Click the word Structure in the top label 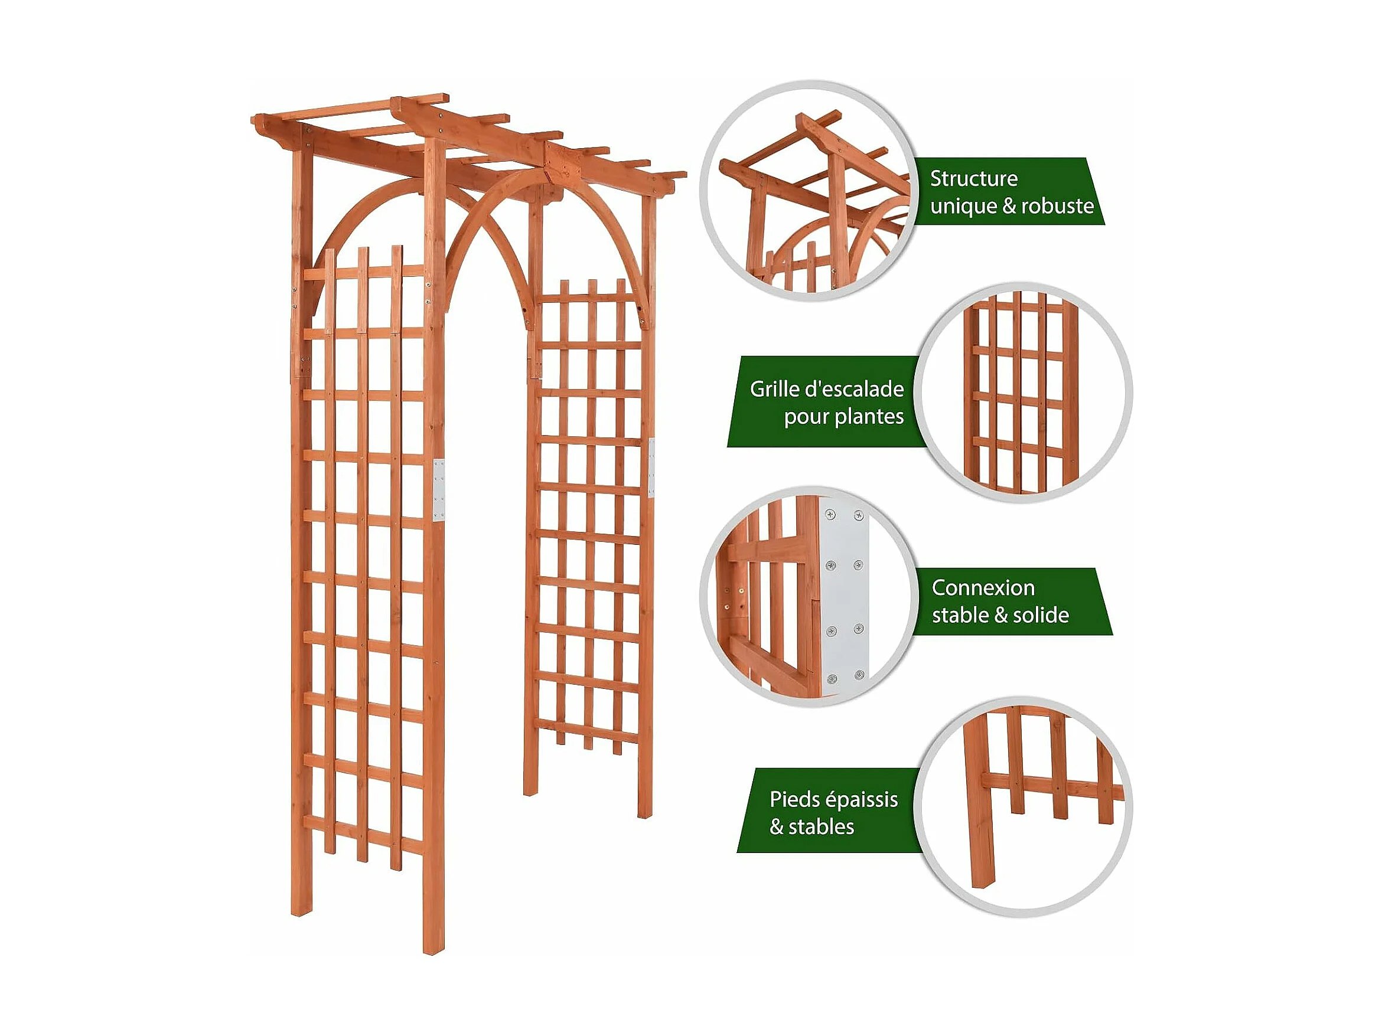pyautogui.click(x=973, y=179)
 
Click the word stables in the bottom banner pyautogui.click(x=821, y=828)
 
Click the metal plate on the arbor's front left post pyautogui.click(x=439, y=490)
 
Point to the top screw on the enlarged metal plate pyautogui.click(x=831, y=515)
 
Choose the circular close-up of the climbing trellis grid pyautogui.click(x=1024, y=393)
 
